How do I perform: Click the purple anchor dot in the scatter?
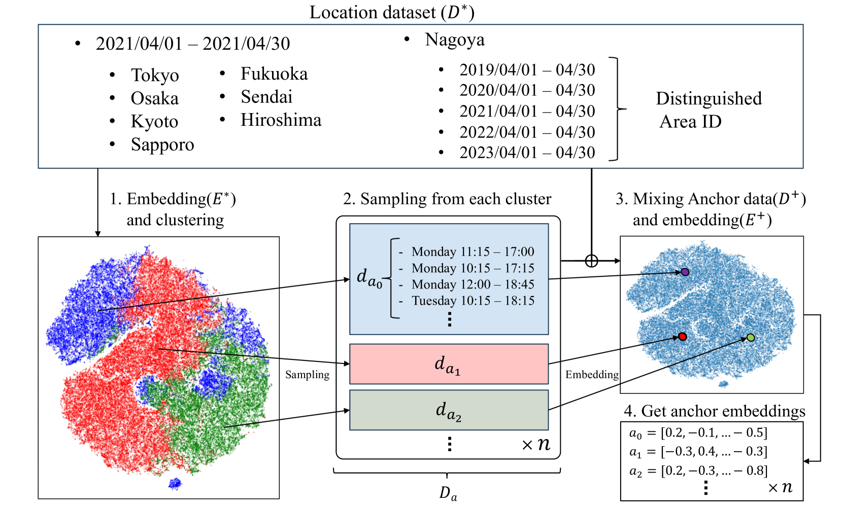(x=685, y=272)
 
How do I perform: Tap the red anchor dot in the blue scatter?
(x=683, y=337)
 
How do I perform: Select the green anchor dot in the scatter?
(x=751, y=338)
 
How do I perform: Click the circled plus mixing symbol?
(x=591, y=261)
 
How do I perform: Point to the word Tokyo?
(x=155, y=75)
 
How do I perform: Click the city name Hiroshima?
(x=281, y=120)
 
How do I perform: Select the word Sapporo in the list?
(x=162, y=144)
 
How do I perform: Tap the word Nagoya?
(x=455, y=40)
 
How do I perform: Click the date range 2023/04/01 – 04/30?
(x=527, y=153)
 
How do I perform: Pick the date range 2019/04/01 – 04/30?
(x=527, y=70)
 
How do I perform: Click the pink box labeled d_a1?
(x=449, y=364)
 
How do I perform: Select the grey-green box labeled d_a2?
(x=449, y=410)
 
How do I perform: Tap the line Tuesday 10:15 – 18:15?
(x=473, y=301)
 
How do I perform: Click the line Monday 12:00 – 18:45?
(x=473, y=284)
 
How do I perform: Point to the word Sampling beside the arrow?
(x=307, y=375)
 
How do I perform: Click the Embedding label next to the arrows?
(x=592, y=375)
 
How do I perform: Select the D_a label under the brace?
(x=448, y=493)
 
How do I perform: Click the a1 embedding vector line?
(x=698, y=451)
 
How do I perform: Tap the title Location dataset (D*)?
(x=392, y=12)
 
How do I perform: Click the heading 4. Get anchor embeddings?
(x=714, y=411)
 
